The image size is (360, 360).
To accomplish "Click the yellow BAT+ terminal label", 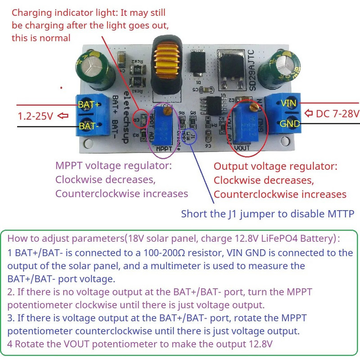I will tap(89, 104).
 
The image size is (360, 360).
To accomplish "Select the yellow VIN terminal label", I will tap(289, 103).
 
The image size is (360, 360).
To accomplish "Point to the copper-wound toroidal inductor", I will tap(166, 65).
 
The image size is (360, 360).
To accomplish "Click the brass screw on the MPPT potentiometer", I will tap(167, 108).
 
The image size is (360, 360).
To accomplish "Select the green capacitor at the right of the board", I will tap(287, 67).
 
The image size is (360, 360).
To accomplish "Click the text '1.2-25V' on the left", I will tap(36, 116).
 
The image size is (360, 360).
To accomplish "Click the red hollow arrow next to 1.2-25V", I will tap(63, 116).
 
